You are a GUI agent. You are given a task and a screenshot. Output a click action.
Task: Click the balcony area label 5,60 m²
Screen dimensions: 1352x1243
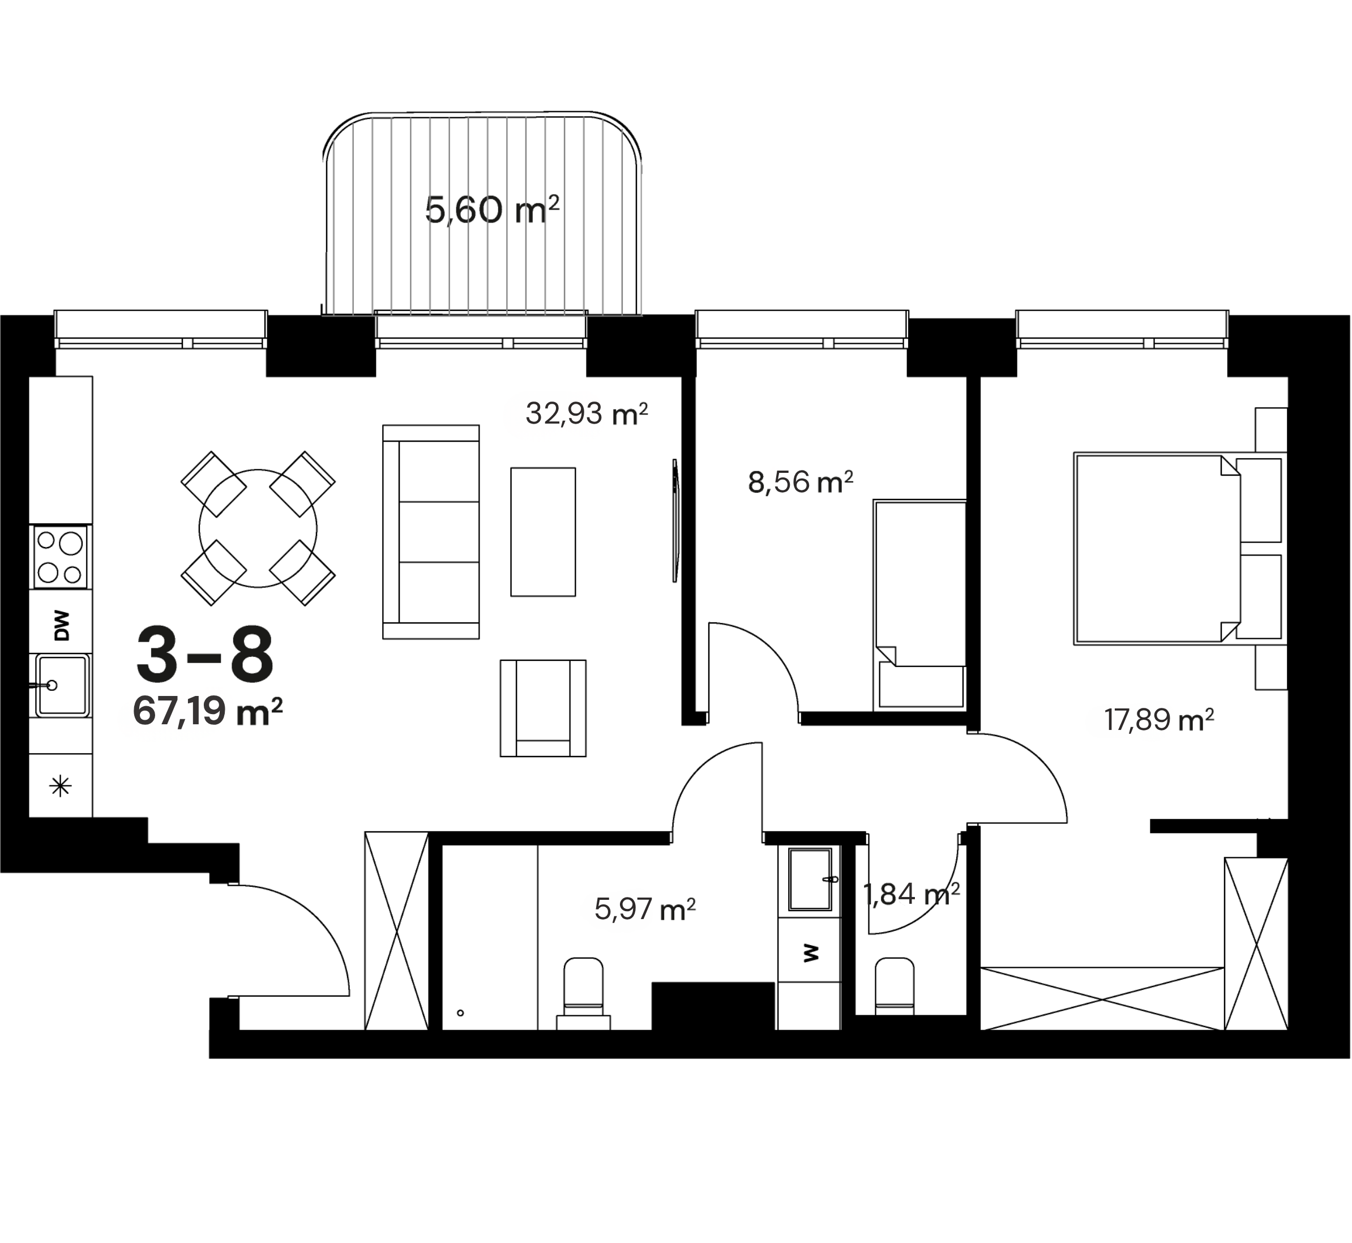point(492,210)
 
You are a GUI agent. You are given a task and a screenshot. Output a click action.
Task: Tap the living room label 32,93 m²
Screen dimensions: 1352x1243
point(586,413)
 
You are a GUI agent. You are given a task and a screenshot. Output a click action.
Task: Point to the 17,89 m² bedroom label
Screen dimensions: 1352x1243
point(1158,720)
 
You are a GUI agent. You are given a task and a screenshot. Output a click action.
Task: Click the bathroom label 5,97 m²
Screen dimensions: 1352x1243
point(645,909)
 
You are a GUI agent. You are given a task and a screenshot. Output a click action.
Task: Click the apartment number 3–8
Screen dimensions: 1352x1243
point(205,654)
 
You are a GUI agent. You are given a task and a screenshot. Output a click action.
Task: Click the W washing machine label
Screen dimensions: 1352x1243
point(811,952)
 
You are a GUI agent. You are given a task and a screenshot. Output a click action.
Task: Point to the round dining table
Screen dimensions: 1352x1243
point(258,528)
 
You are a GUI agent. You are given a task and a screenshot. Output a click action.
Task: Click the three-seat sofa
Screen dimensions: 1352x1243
point(431,531)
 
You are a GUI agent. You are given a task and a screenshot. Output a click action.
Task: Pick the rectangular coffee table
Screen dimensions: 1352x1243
point(543,531)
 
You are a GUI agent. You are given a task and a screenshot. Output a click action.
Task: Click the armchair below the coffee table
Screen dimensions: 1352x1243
point(543,708)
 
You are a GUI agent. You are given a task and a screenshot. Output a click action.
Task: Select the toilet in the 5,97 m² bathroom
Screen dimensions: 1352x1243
point(583,994)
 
